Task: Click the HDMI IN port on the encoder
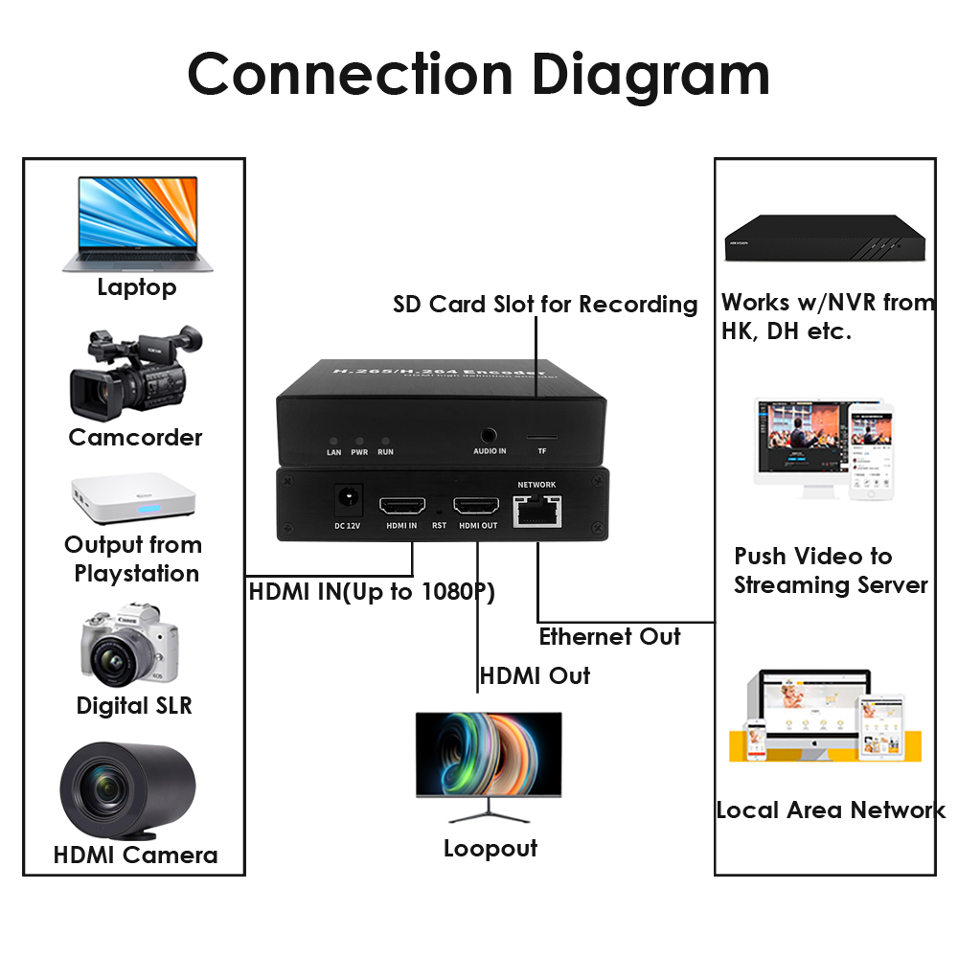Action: coord(401,505)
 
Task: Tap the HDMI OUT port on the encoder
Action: coord(476,505)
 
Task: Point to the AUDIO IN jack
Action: coord(490,437)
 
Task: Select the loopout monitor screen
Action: coord(489,754)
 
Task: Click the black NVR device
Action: coord(825,236)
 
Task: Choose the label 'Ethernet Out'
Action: coord(609,637)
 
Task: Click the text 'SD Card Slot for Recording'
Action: coord(545,305)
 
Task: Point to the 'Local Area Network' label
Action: coord(830,810)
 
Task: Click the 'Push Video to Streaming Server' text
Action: coord(831,571)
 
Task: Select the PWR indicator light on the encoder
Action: coord(359,437)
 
